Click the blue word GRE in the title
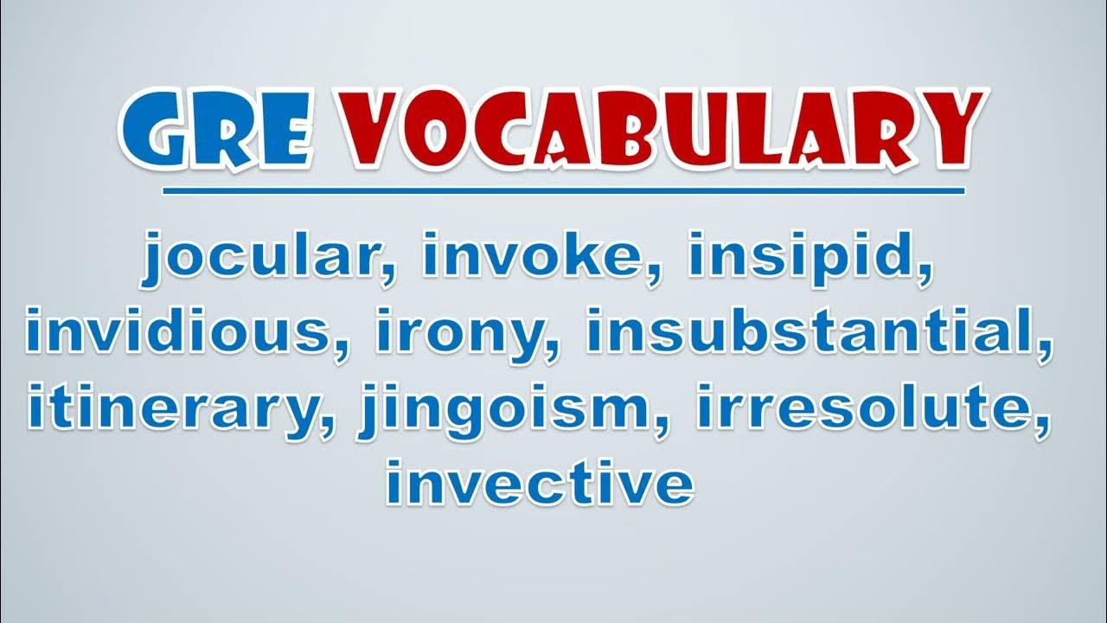[x=217, y=129]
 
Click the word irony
[x=463, y=335]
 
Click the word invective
[x=541, y=481]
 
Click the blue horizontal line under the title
[x=564, y=191]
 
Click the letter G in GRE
[x=151, y=130]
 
